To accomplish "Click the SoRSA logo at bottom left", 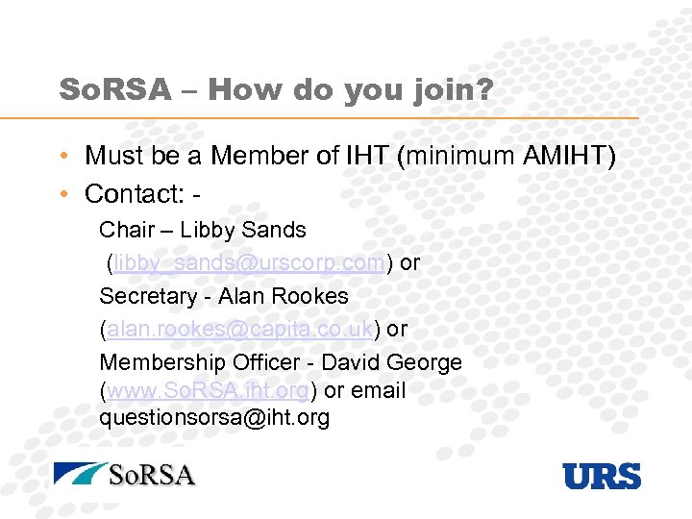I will [x=125, y=475].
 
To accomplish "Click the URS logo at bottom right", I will [x=602, y=476].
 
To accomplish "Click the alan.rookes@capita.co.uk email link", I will [x=240, y=328].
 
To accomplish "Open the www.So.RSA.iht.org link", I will [x=208, y=391].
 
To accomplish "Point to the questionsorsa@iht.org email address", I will [x=214, y=418].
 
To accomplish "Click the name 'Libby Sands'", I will [x=243, y=231].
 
